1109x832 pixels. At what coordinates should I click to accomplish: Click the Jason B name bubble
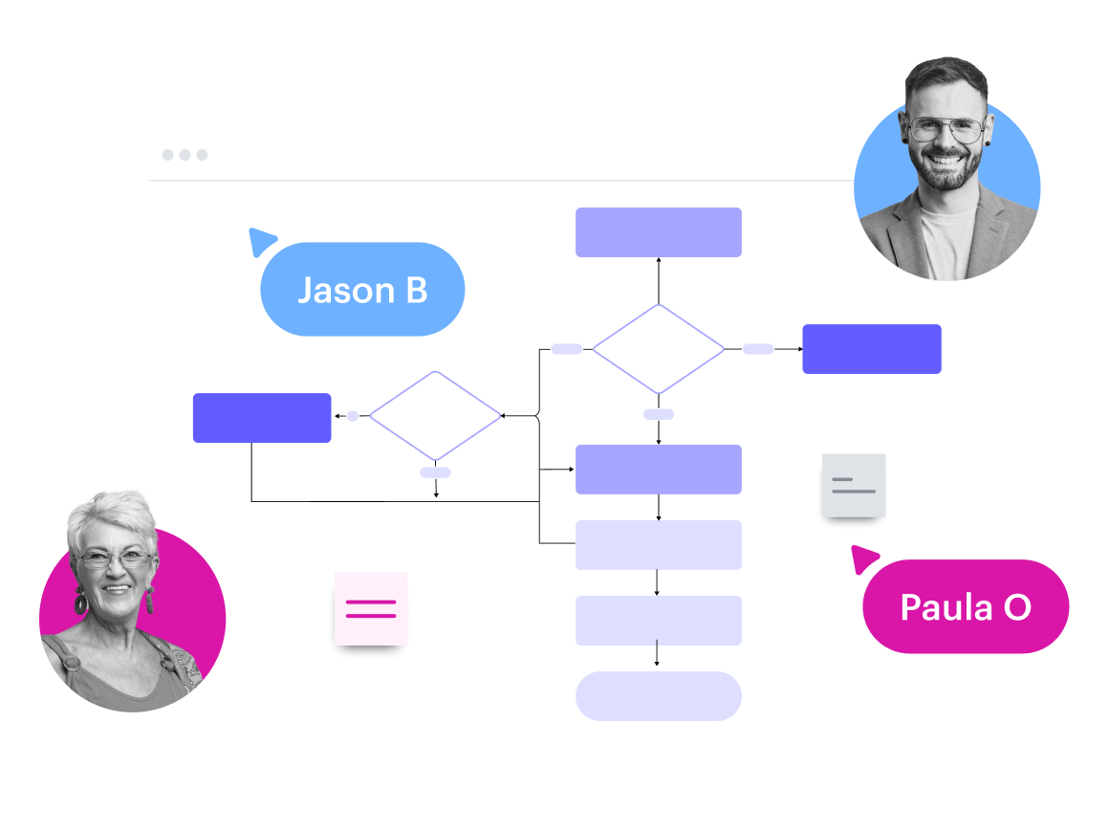click(x=362, y=290)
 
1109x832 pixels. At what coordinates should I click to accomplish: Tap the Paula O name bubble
click(x=966, y=606)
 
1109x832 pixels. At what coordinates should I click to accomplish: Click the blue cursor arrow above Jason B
click(x=261, y=240)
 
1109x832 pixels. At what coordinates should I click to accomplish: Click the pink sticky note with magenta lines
click(x=370, y=608)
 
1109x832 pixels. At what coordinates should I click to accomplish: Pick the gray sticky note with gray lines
click(x=854, y=485)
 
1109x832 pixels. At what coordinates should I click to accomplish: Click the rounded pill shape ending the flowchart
click(x=658, y=696)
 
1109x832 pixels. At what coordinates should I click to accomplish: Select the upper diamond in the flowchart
click(x=659, y=349)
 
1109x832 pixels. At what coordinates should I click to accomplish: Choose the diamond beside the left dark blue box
click(x=436, y=416)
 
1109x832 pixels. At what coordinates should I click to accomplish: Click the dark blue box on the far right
click(x=871, y=349)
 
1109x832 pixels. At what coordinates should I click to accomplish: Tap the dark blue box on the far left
click(x=262, y=418)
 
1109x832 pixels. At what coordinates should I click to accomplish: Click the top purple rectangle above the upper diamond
click(x=658, y=232)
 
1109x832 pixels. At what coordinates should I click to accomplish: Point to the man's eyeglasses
click(x=946, y=129)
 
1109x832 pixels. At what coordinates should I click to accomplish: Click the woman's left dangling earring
click(x=80, y=602)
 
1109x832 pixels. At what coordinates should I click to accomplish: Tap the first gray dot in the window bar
click(x=167, y=155)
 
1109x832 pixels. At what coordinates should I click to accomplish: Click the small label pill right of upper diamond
click(x=758, y=349)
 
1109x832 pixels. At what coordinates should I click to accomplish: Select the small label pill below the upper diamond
click(x=658, y=414)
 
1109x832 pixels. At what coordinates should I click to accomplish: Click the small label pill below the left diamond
click(x=435, y=472)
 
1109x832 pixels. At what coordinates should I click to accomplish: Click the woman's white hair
click(x=107, y=516)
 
